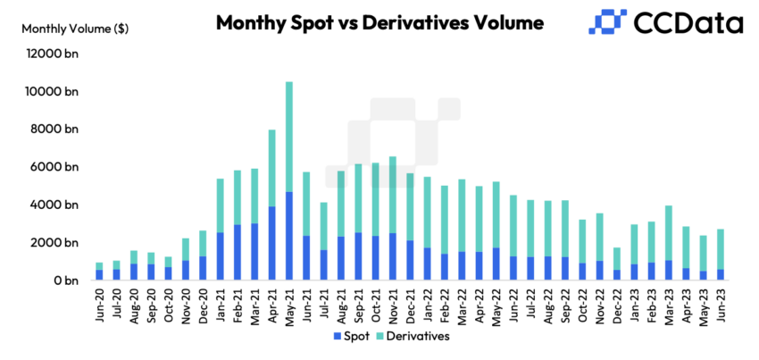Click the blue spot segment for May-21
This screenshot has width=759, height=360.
[289, 236]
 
